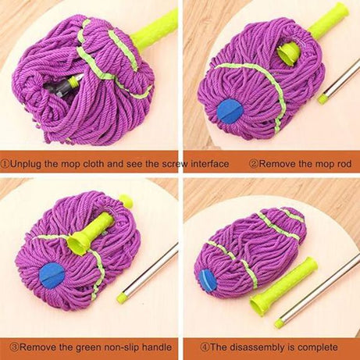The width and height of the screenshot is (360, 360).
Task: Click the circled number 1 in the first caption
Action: pos(6,164)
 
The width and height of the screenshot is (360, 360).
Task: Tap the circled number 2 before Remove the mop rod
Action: pos(253,164)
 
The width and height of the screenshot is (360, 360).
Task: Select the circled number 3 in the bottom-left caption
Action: pos(6,346)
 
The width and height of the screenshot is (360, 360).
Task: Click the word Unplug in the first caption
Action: pos(28,164)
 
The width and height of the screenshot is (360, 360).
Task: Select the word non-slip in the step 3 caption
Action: pos(114,346)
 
